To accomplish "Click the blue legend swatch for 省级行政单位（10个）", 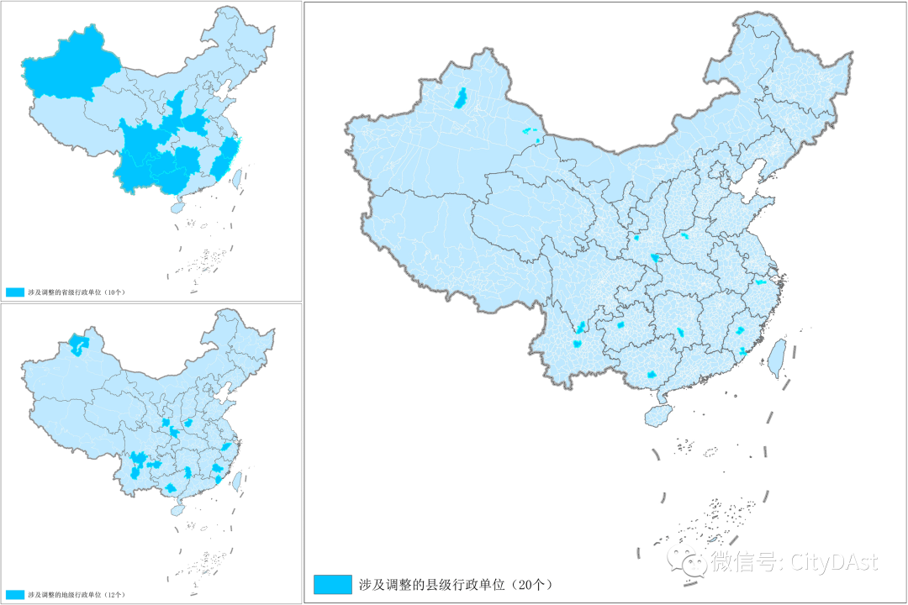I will click(15, 292).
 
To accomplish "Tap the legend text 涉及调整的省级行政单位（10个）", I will click(76, 292).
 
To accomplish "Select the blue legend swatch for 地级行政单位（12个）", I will click(15, 594).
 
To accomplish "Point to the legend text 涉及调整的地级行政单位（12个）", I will click(76, 594).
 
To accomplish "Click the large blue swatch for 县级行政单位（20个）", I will click(332, 584).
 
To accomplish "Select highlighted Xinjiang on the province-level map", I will click(67, 63).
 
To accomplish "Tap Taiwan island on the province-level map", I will click(236, 176).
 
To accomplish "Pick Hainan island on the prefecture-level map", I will click(177, 509).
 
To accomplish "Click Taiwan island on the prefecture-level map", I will click(236, 479).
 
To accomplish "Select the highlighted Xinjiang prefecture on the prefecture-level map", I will click(78, 345).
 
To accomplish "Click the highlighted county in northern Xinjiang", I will click(460, 98).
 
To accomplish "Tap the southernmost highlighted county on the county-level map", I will click(650, 375).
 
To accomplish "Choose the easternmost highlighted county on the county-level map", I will click(761, 282).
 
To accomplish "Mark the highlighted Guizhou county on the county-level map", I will click(620, 324).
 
